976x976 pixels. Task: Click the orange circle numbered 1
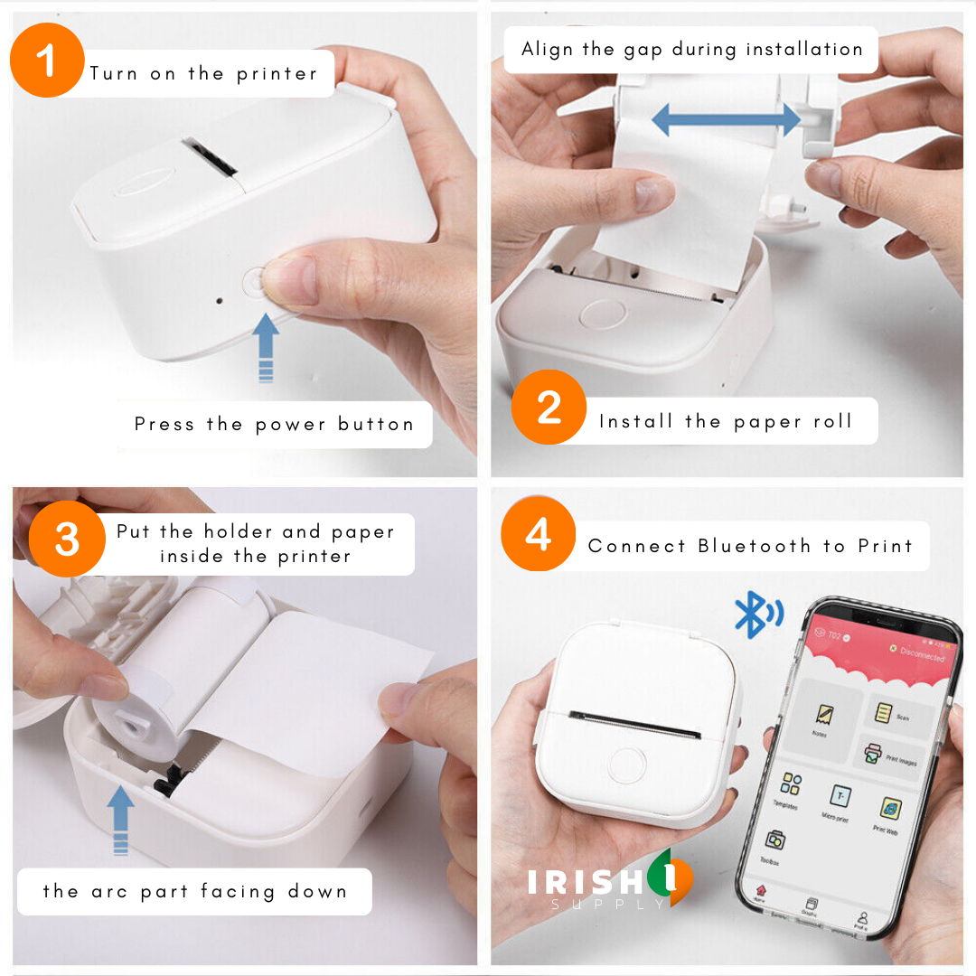(47, 61)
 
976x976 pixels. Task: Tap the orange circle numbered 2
(549, 408)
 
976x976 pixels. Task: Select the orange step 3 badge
(66, 540)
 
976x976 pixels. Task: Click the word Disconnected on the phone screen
(922, 654)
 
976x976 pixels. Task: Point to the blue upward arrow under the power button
(265, 347)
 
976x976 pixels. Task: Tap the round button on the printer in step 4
(627, 765)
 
